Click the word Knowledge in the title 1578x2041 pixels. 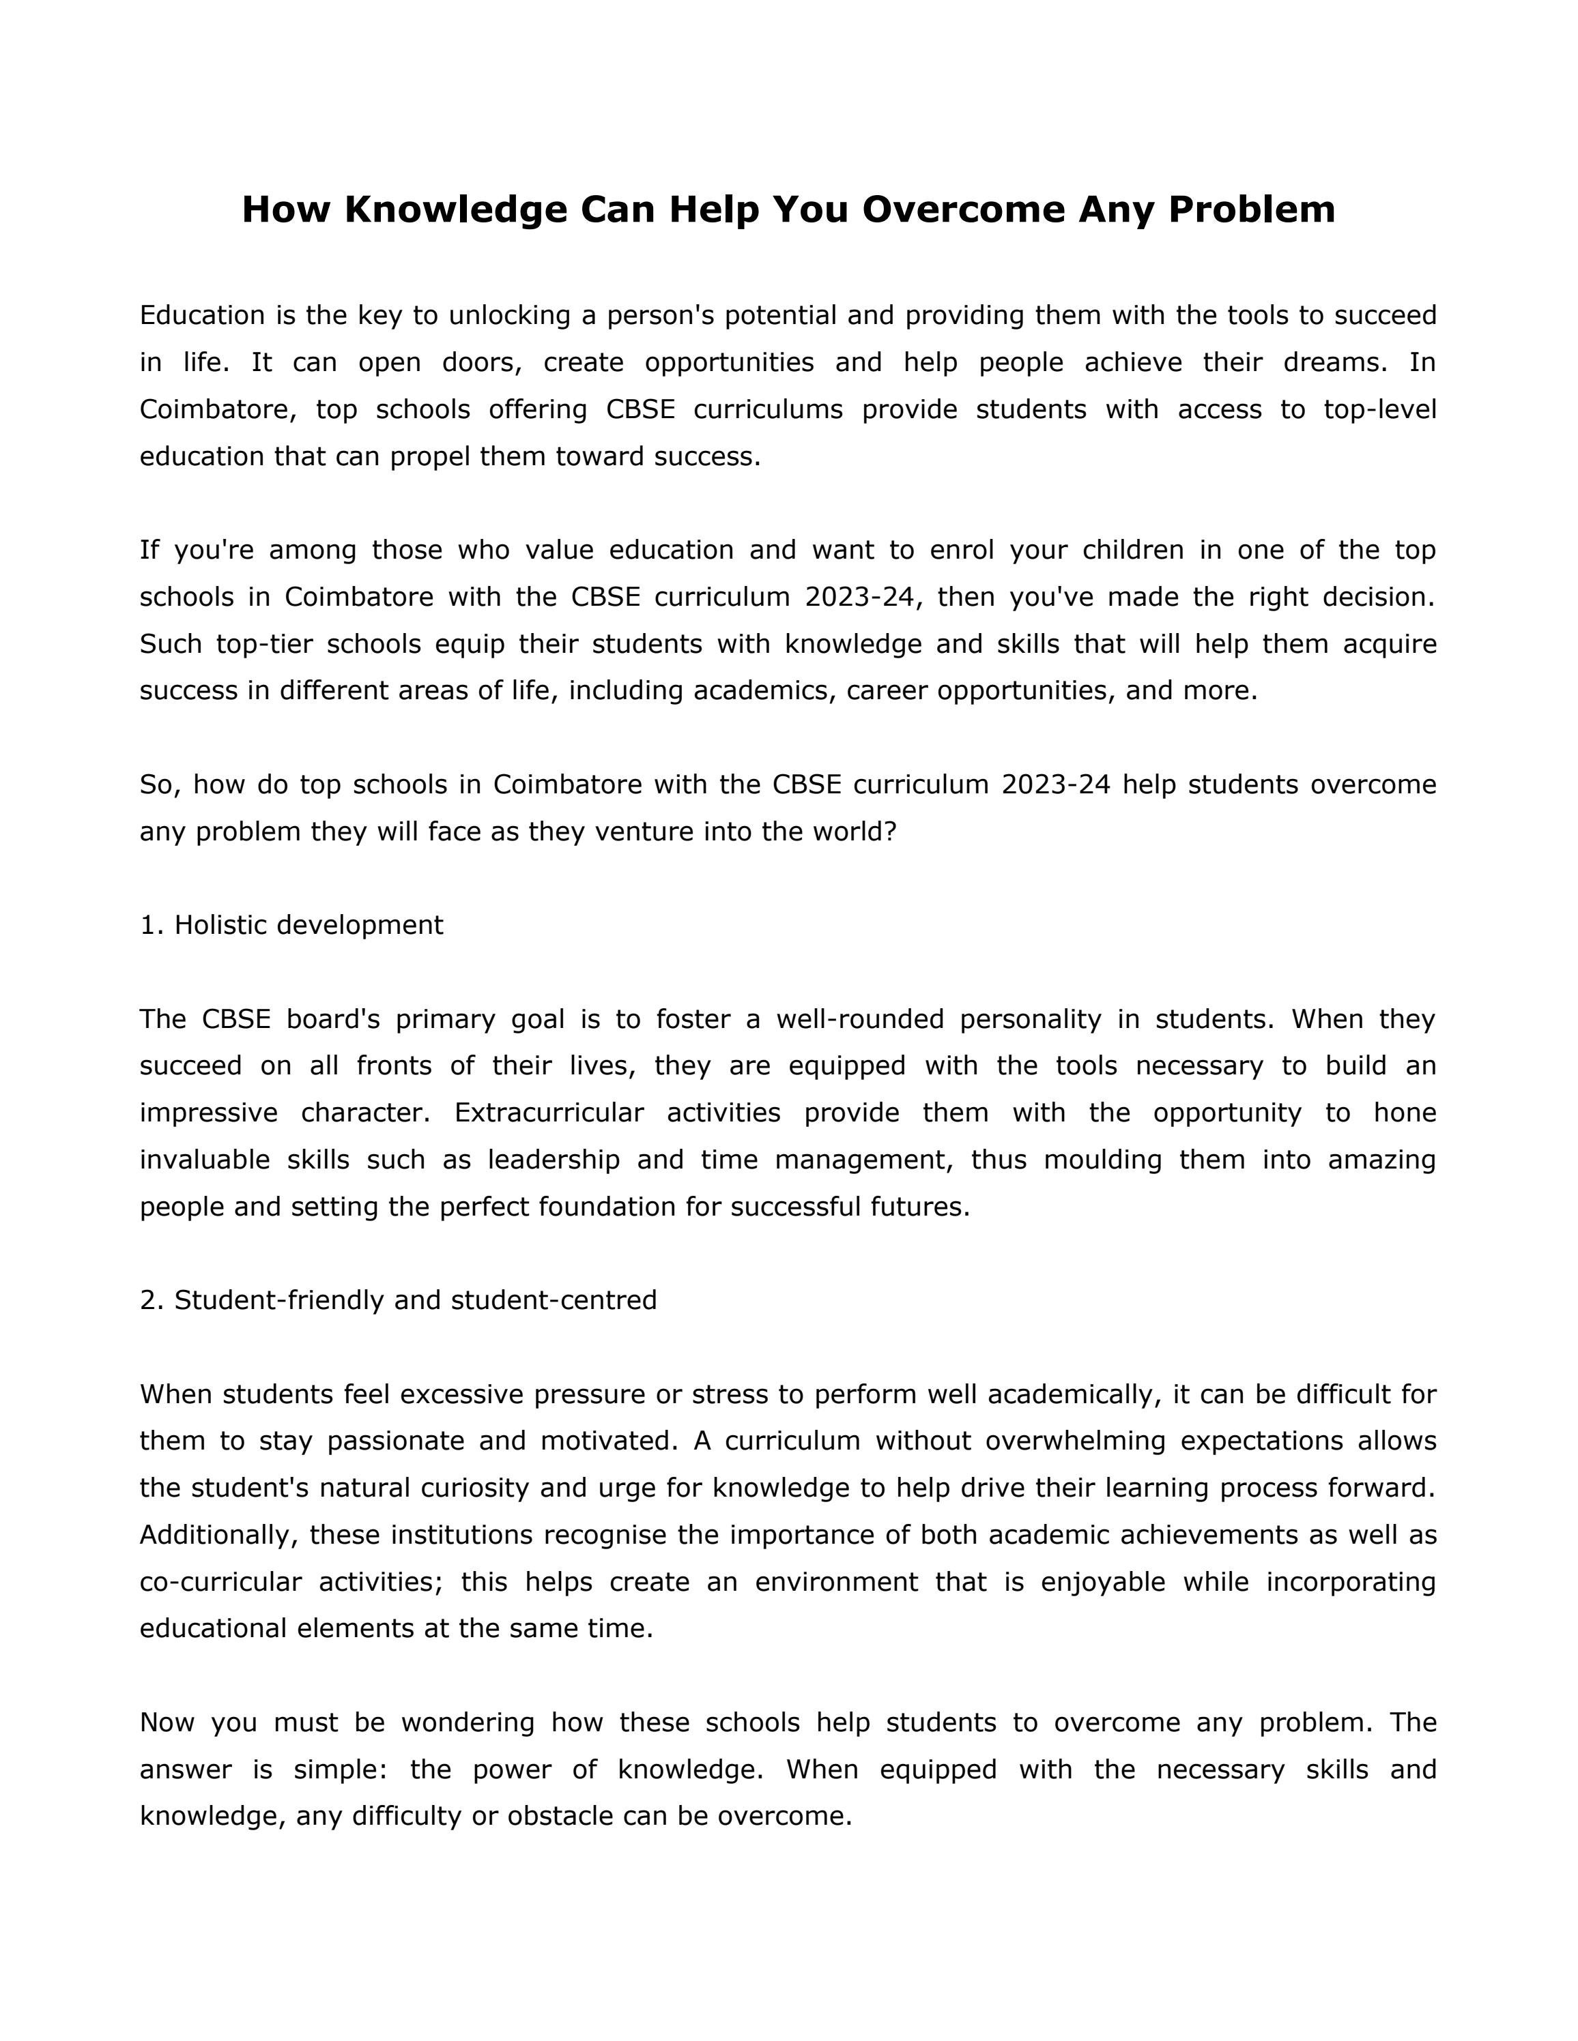(x=455, y=209)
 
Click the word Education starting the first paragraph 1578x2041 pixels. (x=203, y=316)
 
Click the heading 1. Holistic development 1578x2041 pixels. (x=291, y=925)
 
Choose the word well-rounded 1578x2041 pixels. (x=860, y=1020)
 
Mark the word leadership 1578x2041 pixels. (x=554, y=1160)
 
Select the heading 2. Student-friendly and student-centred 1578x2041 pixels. (x=398, y=1300)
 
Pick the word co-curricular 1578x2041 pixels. (x=220, y=1582)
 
